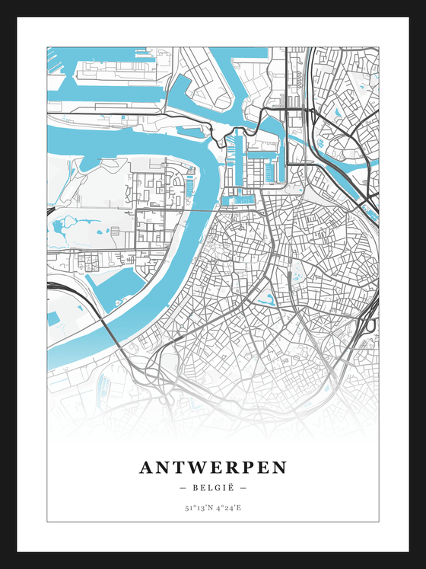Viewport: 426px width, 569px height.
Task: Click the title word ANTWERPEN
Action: click(213, 467)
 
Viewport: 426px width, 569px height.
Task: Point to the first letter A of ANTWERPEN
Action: click(146, 467)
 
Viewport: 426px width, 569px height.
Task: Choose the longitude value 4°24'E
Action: click(228, 507)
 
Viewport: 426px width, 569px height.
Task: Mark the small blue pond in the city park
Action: click(269, 300)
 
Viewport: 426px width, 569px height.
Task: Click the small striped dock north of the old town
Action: click(241, 200)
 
